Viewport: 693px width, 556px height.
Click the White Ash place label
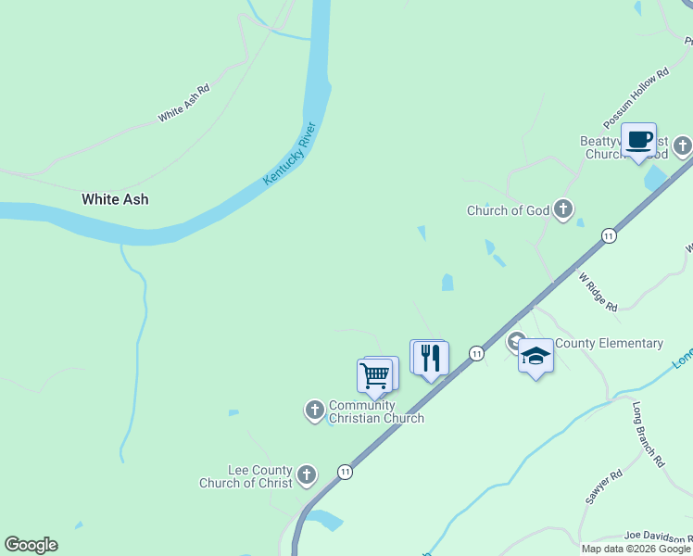click(115, 199)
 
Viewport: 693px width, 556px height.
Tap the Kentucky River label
click(290, 153)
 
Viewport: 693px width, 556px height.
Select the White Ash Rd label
click(183, 103)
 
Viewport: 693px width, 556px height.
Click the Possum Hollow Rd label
click(636, 98)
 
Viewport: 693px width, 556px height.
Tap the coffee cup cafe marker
click(638, 140)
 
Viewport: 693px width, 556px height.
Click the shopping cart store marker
click(374, 375)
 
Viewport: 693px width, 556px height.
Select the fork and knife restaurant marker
click(430, 358)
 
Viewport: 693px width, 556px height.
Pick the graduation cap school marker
click(535, 356)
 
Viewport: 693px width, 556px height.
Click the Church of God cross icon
click(563, 210)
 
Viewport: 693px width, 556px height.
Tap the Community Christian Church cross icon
click(314, 409)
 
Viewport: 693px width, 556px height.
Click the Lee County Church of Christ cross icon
click(307, 476)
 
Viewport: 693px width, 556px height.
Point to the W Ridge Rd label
click(598, 291)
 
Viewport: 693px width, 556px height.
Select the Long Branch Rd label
click(649, 434)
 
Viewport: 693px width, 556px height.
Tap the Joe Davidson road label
click(658, 536)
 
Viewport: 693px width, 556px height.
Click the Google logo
click(31, 545)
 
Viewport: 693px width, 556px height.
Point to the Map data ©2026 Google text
click(636, 549)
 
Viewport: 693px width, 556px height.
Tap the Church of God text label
click(508, 210)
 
